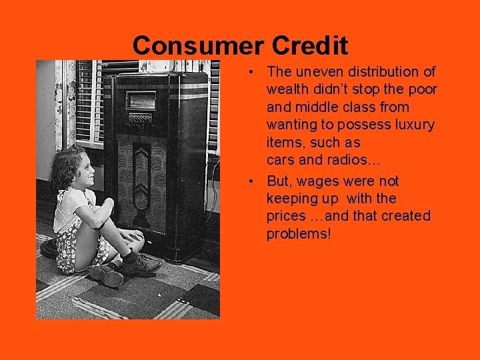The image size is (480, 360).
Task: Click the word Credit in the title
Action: click(310, 46)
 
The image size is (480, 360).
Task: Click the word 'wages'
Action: click(318, 181)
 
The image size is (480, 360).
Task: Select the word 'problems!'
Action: click(298, 234)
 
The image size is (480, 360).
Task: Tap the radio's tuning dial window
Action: click(141, 99)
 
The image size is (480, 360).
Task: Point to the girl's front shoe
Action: click(142, 264)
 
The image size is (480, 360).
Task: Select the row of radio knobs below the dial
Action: click(140, 118)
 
